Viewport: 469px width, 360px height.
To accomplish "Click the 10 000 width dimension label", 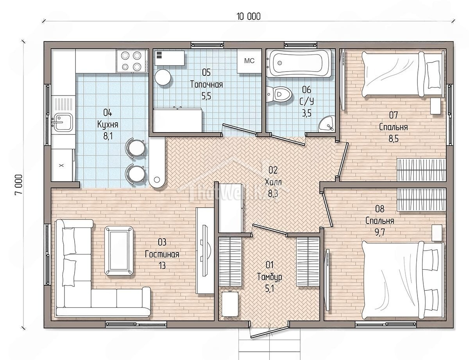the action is [x=249, y=17].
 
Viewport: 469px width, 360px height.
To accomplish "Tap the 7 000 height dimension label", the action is [x=18, y=184].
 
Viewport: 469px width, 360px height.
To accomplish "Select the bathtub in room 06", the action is [x=299, y=63].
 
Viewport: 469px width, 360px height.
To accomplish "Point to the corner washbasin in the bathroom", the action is [x=327, y=125].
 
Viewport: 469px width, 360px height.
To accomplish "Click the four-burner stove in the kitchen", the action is [x=132, y=61].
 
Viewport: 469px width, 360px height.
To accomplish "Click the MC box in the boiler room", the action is [x=249, y=61].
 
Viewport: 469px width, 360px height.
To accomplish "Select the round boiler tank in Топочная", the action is [x=163, y=77].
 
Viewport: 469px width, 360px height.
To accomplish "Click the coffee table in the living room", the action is [x=119, y=251].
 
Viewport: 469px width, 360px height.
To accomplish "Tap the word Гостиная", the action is [x=162, y=254].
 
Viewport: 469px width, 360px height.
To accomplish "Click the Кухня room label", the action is [x=108, y=125].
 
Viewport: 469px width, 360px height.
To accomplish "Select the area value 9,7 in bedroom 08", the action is [x=379, y=233].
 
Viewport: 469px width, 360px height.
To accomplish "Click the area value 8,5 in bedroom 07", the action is [x=394, y=139].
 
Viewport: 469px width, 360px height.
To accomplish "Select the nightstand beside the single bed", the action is [x=435, y=106].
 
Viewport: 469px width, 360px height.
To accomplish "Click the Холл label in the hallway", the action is [x=273, y=183].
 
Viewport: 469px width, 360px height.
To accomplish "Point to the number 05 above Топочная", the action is [x=206, y=73].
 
